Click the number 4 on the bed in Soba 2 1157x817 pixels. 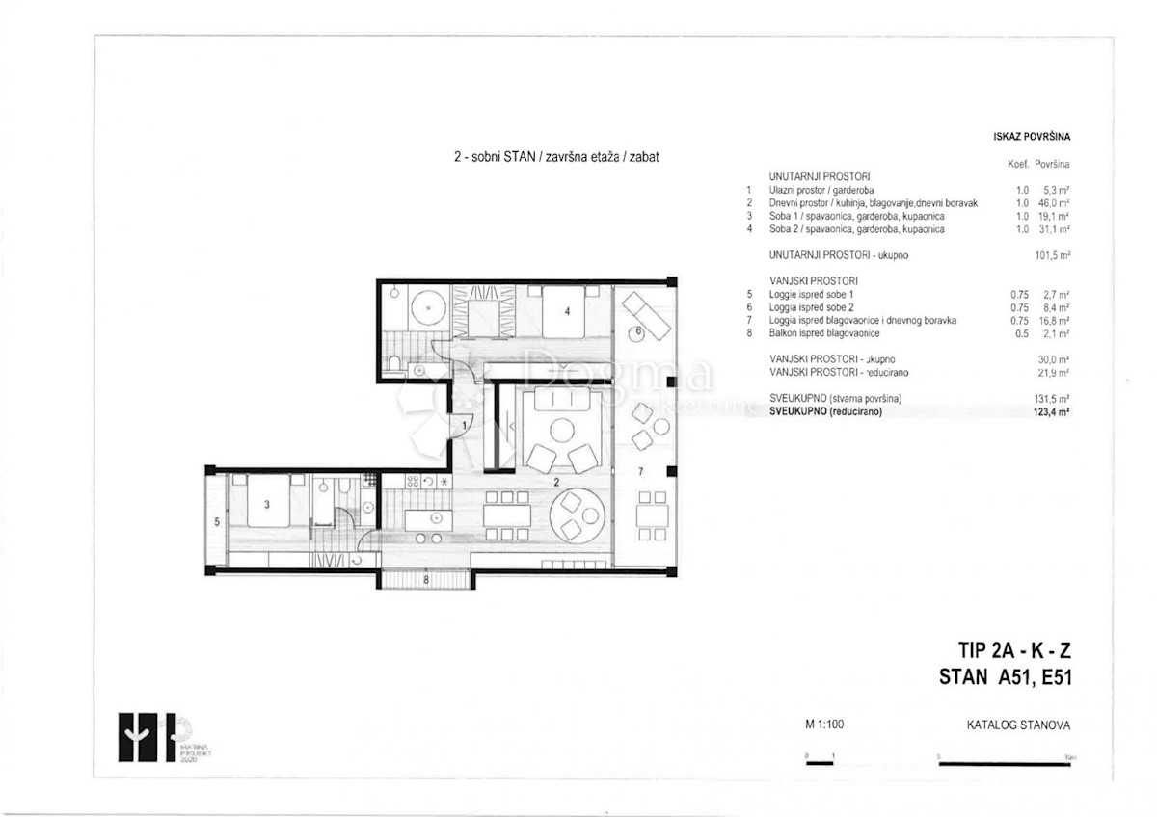click(x=568, y=311)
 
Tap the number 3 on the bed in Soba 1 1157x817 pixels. click(x=267, y=503)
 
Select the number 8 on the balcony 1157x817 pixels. click(x=425, y=580)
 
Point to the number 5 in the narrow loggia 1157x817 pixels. click(x=217, y=521)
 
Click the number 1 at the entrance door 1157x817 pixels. click(x=464, y=425)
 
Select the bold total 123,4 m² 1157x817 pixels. click(x=1056, y=411)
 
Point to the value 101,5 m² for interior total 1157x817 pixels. click(x=1054, y=256)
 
